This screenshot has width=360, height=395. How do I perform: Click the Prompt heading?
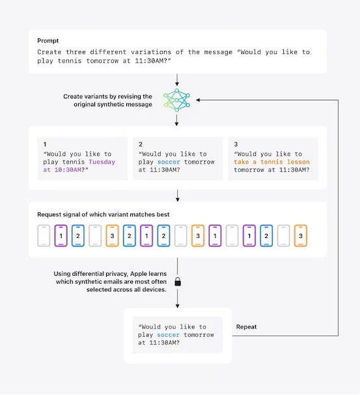tap(48, 41)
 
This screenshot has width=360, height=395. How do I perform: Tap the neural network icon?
tap(176, 100)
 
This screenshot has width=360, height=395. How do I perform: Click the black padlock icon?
tap(178, 282)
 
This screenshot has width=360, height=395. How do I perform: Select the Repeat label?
tap(246, 327)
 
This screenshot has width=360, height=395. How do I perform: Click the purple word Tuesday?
tap(102, 162)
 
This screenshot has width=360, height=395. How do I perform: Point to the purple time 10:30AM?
tap(68, 169)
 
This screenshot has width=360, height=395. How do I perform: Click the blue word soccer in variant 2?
tap(169, 162)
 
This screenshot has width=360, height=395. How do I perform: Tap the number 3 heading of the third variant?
tap(236, 144)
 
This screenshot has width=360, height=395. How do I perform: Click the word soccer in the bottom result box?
tap(168, 335)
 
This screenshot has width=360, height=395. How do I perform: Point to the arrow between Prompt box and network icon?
tap(177, 80)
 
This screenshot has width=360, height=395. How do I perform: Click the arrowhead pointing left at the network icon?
tap(198, 100)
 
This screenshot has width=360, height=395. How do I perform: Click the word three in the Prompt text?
tap(76, 52)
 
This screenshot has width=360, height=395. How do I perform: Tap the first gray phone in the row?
tap(44, 235)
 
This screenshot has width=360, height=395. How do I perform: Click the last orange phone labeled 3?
tap(301, 235)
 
